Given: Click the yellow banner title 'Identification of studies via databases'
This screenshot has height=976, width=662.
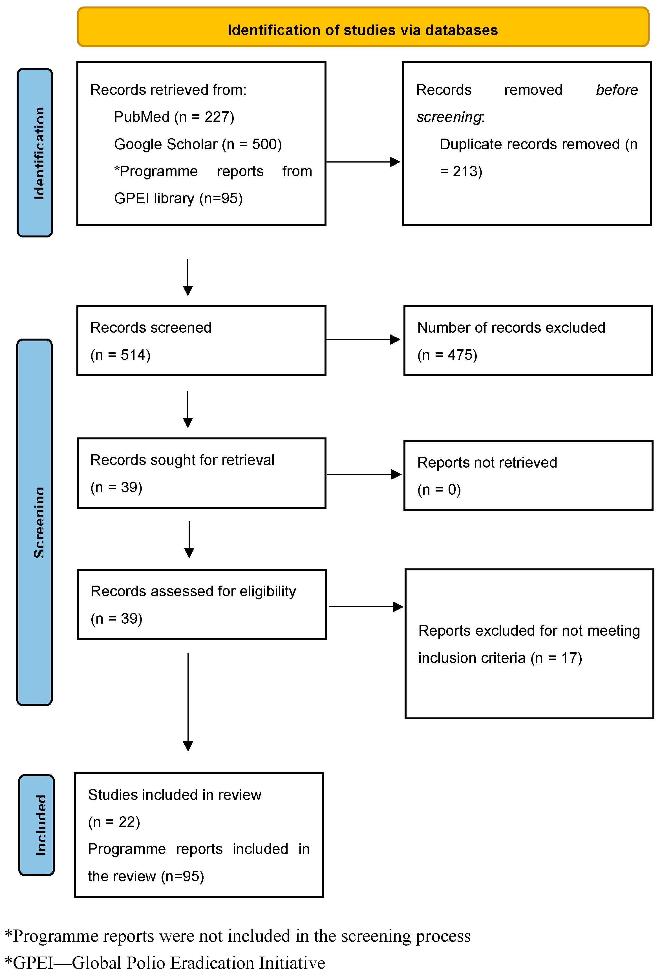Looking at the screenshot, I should click(362, 30).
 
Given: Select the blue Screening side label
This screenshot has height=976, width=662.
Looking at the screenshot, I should click(35, 522).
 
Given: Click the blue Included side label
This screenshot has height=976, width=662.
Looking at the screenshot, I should click(37, 824).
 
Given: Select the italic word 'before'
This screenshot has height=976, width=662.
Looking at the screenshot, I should click(616, 90).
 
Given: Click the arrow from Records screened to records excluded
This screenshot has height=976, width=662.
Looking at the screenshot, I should click(363, 339).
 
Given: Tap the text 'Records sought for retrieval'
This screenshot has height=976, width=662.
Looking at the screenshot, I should click(182, 460).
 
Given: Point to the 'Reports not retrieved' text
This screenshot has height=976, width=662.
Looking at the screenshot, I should click(487, 463).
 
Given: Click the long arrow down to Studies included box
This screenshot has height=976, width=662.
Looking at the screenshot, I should click(188, 701).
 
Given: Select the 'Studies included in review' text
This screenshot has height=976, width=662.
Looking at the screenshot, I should click(175, 795).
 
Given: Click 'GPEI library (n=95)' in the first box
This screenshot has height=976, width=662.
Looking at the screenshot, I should click(178, 198).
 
